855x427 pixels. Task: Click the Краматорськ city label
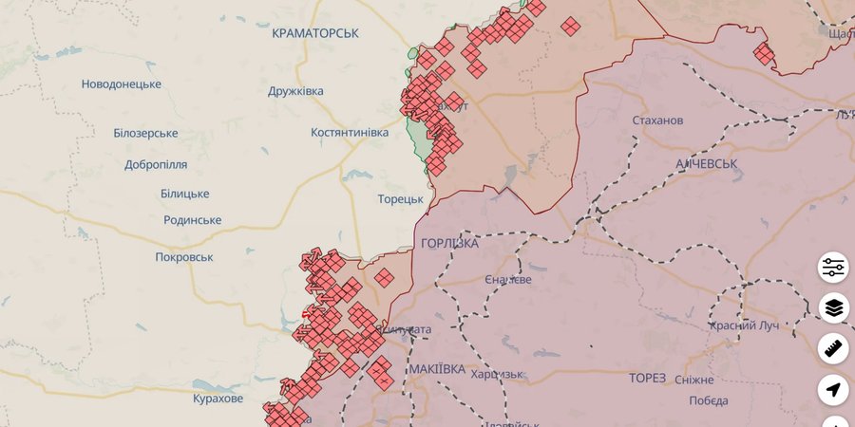click(314, 33)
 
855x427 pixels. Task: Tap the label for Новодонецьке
click(121, 84)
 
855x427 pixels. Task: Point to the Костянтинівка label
click(349, 133)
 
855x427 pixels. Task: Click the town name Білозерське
click(145, 133)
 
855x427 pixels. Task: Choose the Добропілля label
click(156, 164)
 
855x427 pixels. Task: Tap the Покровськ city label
click(184, 257)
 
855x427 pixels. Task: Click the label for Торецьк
click(400, 199)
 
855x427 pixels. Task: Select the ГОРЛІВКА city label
click(449, 243)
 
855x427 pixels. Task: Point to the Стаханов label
click(657, 121)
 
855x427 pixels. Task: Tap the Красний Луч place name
click(743, 325)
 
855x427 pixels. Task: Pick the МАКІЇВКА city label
click(437, 368)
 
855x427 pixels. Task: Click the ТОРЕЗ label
click(647, 378)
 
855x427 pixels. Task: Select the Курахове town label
click(218, 399)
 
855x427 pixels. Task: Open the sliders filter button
click(834, 268)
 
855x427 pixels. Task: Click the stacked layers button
click(834, 308)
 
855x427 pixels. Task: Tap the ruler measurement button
click(834, 349)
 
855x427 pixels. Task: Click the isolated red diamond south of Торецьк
click(384, 277)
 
